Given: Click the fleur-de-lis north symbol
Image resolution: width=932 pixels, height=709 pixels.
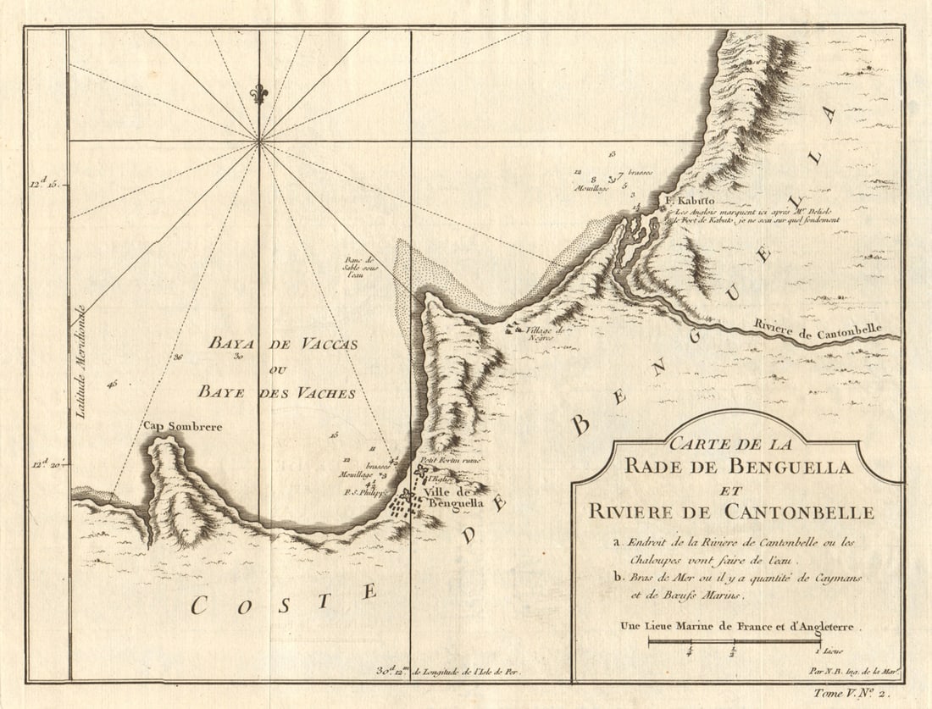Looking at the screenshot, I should (x=259, y=91).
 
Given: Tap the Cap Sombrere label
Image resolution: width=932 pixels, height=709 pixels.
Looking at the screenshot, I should (x=182, y=427).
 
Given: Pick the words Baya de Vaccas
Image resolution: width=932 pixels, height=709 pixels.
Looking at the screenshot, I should (x=284, y=344).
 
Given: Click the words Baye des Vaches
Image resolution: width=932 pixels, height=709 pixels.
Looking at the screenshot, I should (x=277, y=393).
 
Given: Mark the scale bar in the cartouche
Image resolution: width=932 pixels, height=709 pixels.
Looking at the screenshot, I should (x=734, y=643).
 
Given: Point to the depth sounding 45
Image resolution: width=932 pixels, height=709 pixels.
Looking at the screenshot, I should (x=113, y=385).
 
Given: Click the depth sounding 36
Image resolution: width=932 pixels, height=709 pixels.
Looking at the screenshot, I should (x=178, y=357).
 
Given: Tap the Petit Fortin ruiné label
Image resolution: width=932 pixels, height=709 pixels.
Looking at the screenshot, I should (x=451, y=459).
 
